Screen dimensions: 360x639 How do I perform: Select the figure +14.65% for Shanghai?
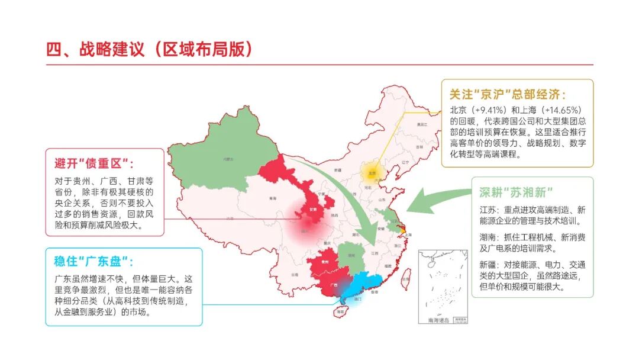[562, 110]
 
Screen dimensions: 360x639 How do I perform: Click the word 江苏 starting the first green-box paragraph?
[488, 210]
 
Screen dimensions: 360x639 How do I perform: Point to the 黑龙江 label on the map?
[421, 124]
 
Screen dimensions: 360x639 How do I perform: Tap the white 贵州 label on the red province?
[324, 261]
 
